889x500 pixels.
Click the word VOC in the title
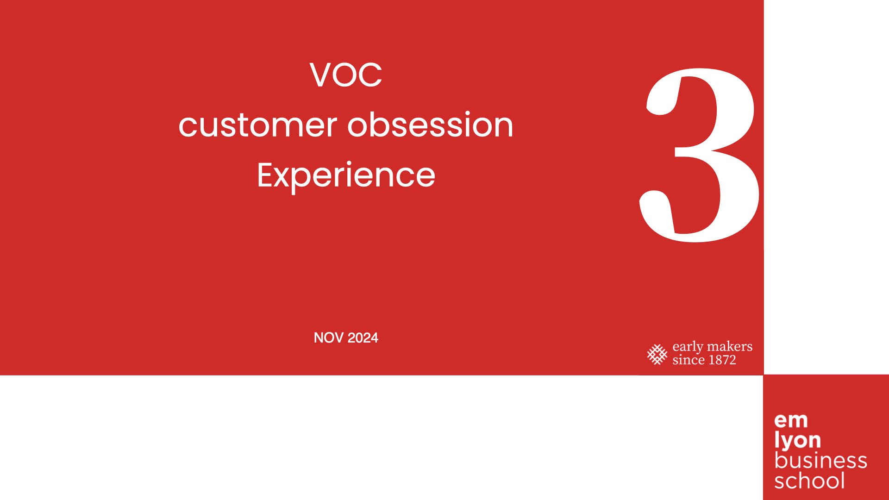(346, 75)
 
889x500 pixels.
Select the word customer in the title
(258, 125)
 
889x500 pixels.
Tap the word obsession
(431, 124)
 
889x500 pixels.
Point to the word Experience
(346, 176)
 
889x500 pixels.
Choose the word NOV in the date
(328, 338)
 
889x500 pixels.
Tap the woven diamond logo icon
(657, 355)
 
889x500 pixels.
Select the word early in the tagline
(688, 347)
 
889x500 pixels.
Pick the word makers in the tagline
(730, 346)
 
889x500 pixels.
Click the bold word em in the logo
(791, 421)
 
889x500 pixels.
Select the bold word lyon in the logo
(797, 441)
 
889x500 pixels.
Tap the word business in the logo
(820, 461)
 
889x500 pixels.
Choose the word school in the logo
(809, 481)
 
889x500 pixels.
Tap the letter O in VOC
(347, 75)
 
